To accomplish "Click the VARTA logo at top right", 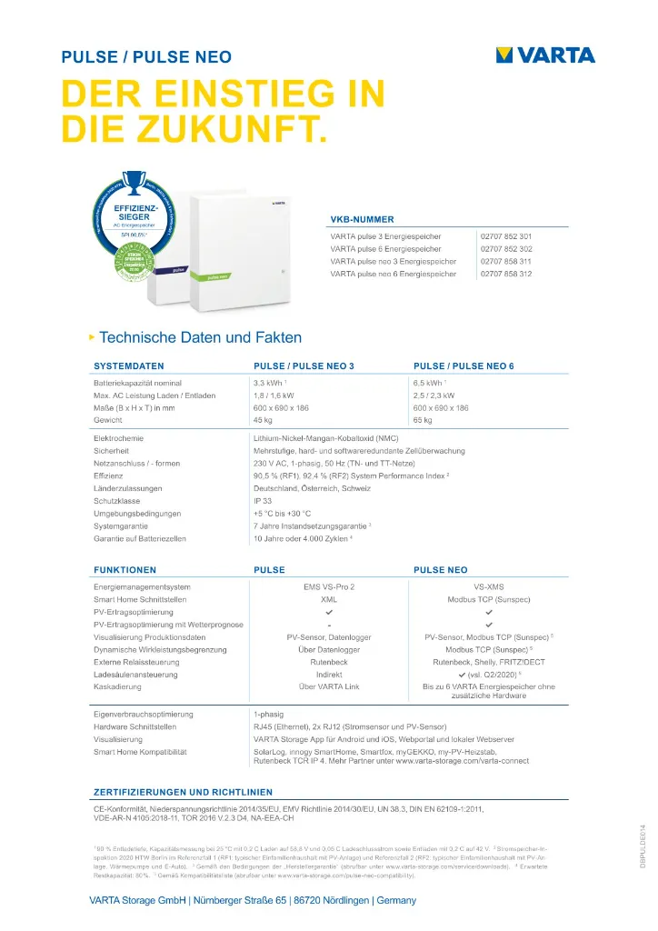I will (x=545, y=55).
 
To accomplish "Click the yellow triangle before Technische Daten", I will (x=91, y=337).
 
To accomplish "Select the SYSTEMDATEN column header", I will (x=129, y=365).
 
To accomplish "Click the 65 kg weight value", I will (x=423, y=421).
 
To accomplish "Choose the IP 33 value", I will (x=264, y=501).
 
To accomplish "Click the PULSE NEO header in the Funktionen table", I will (x=441, y=570).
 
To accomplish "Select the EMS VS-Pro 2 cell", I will (x=328, y=587).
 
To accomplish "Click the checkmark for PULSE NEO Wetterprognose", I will (x=489, y=626).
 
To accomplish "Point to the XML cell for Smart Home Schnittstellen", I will (x=329, y=600).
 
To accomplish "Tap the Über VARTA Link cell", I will (x=329, y=687).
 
